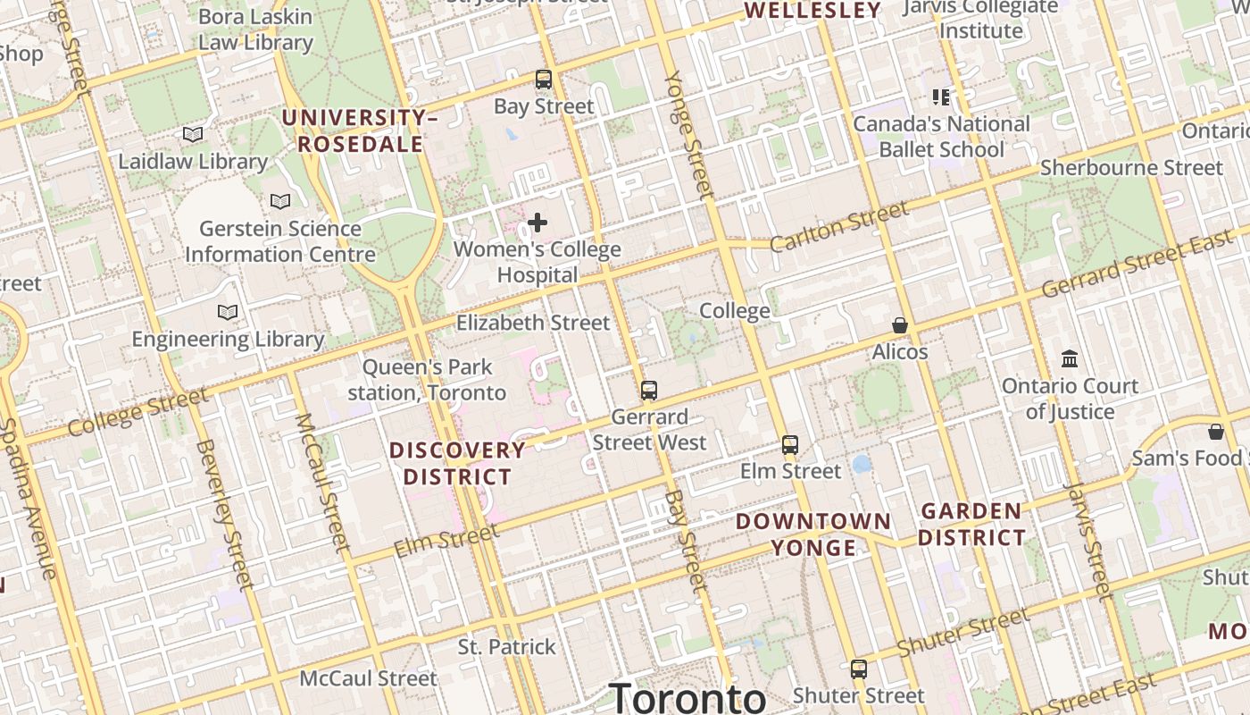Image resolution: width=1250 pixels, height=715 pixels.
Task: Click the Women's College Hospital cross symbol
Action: (537, 223)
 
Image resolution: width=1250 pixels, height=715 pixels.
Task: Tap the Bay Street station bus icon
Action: (544, 80)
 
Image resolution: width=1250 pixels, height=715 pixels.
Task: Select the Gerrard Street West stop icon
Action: (649, 391)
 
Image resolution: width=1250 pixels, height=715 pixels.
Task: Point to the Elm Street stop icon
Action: (790, 445)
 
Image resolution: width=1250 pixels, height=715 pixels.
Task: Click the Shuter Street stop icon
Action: (859, 669)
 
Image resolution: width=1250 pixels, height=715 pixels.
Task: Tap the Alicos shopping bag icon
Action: (900, 325)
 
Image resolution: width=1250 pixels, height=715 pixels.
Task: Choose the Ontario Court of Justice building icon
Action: (1070, 359)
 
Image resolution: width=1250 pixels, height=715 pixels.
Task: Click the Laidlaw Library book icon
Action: (193, 135)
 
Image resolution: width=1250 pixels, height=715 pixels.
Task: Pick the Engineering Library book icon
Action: (228, 313)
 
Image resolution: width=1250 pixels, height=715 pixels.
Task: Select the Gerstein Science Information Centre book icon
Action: (280, 202)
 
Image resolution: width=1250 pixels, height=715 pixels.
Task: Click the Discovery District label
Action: (457, 463)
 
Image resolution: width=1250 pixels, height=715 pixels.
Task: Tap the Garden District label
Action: (971, 525)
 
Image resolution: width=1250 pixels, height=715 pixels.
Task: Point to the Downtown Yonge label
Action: (813, 534)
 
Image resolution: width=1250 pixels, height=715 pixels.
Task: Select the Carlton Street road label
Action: (838, 227)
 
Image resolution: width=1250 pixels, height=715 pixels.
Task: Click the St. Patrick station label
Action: (507, 647)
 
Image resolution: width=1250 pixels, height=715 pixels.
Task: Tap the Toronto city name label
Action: (687, 697)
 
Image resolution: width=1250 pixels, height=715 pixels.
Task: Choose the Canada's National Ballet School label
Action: (942, 137)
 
